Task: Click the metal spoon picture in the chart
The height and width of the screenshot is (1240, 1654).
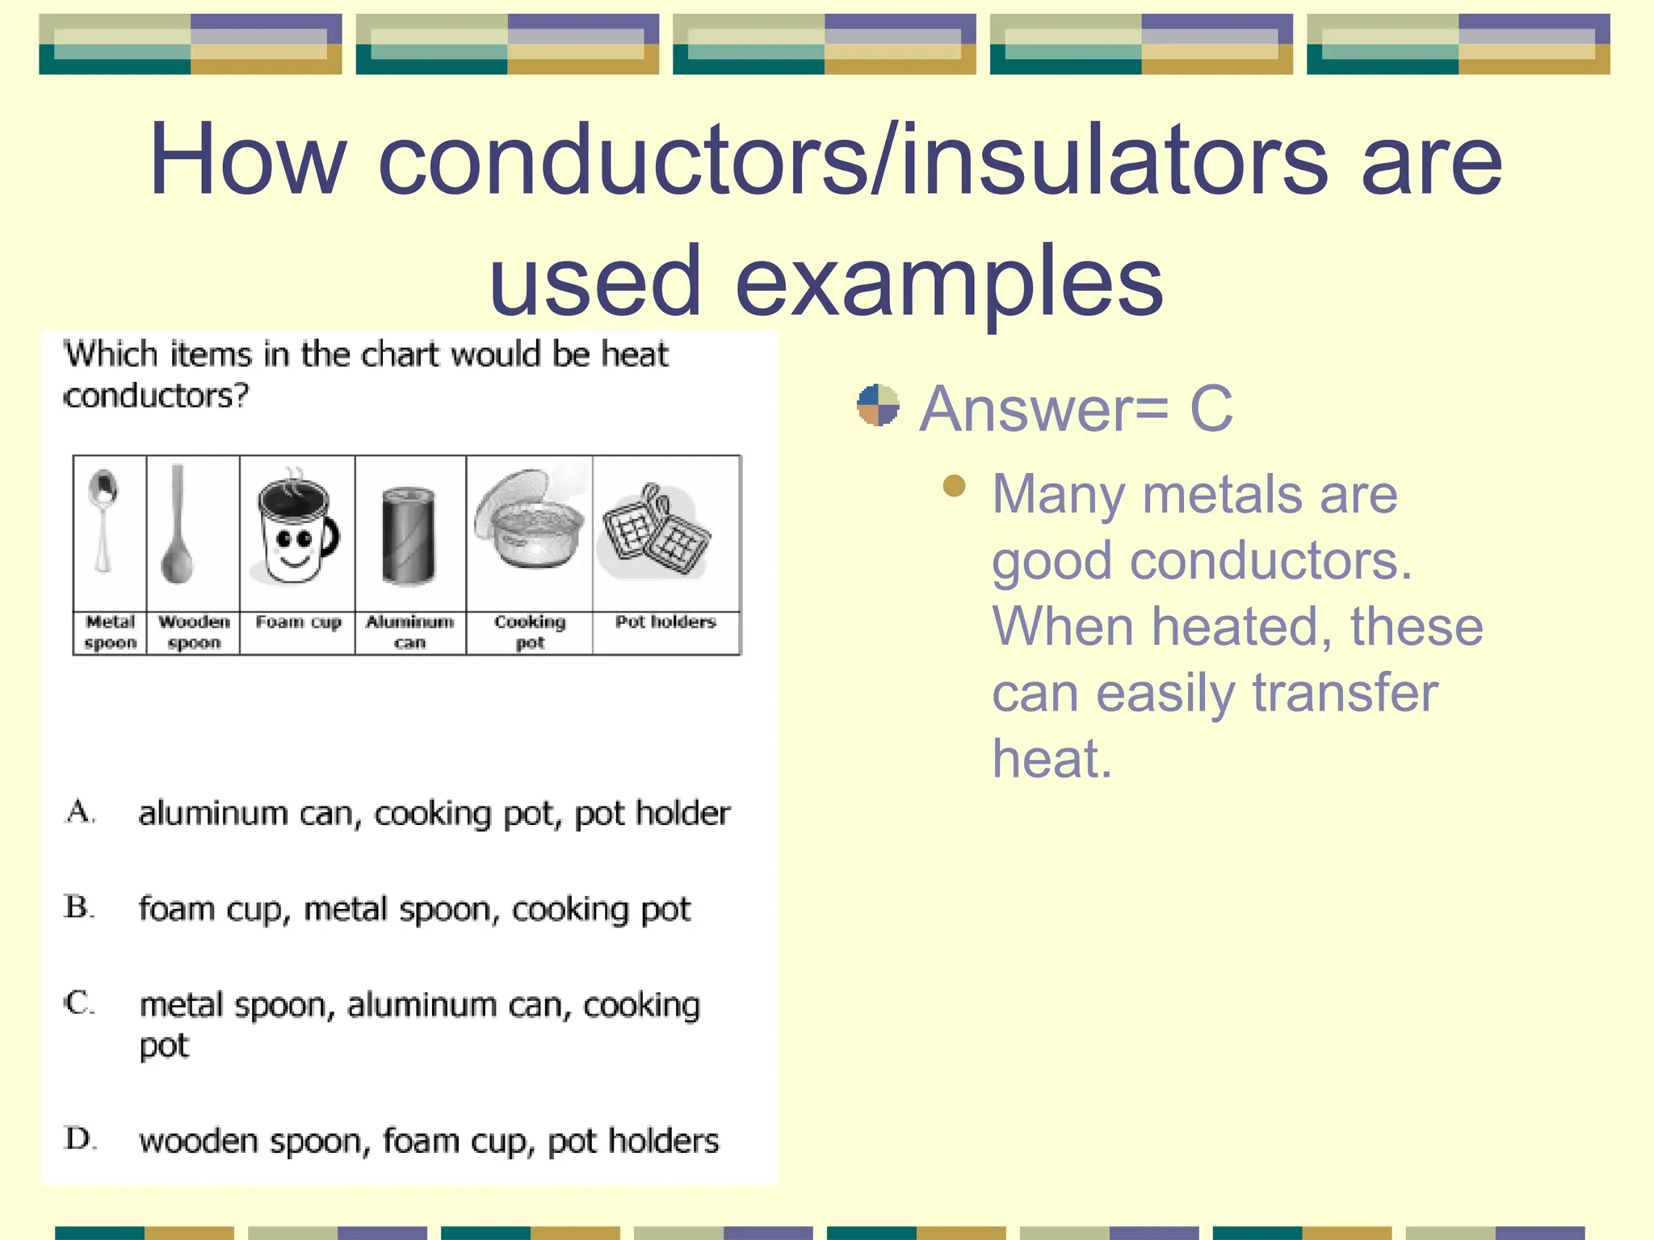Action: coord(103,521)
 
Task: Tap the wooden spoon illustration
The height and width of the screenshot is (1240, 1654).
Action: coord(178,525)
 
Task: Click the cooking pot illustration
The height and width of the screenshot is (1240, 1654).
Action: coord(530,522)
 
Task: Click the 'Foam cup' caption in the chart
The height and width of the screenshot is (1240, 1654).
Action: coord(298,622)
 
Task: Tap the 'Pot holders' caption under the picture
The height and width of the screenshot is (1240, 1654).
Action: coord(665,622)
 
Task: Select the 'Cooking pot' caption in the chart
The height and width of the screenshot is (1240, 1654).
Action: coord(530,632)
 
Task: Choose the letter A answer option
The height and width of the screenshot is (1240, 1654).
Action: coord(80,812)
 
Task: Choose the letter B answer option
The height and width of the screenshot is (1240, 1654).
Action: coord(79,907)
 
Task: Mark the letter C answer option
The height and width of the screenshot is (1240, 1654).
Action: coord(79,1003)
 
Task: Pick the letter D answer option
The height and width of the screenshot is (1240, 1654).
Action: coord(80,1139)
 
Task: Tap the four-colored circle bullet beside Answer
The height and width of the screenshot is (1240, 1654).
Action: coord(878,405)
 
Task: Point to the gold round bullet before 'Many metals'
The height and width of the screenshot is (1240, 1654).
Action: coord(954,486)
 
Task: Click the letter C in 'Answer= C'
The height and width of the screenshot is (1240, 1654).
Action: coord(1211,408)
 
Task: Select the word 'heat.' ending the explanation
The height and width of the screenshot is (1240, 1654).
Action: coord(1052,759)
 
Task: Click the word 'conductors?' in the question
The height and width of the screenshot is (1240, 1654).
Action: coord(157,396)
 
